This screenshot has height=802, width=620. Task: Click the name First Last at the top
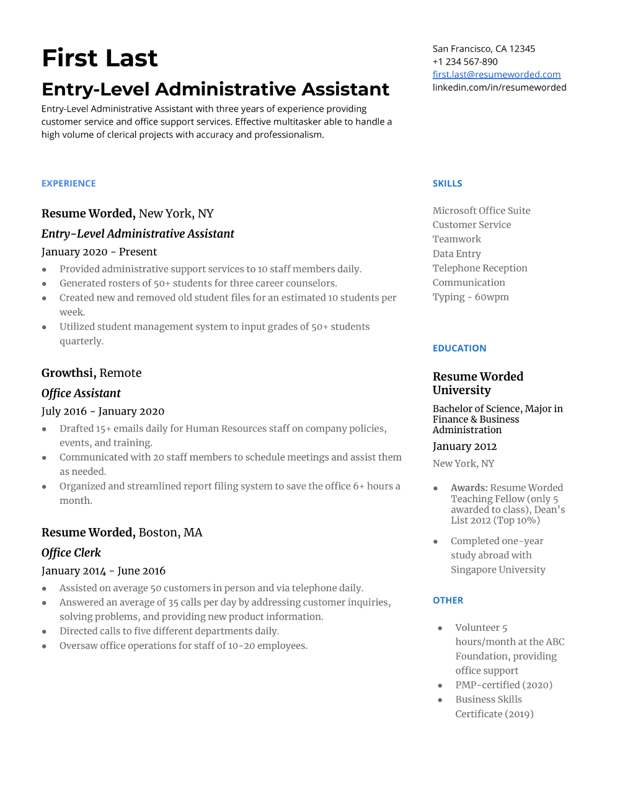(x=100, y=58)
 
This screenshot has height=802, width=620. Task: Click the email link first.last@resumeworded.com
(x=497, y=74)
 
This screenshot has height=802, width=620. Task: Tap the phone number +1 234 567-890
(x=465, y=61)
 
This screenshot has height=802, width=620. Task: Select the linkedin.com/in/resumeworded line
(x=499, y=87)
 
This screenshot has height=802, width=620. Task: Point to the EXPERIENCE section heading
(x=69, y=183)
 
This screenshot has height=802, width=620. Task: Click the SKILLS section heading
(x=448, y=183)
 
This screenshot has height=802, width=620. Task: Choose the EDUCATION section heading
(x=459, y=348)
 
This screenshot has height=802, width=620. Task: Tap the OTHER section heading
(x=448, y=601)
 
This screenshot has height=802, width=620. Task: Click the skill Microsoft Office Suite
(x=482, y=211)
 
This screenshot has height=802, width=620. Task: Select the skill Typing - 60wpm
(x=471, y=297)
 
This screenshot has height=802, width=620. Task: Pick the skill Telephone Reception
(x=480, y=268)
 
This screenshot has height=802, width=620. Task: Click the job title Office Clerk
(x=71, y=553)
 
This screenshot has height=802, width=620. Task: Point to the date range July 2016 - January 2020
(x=103, y=412)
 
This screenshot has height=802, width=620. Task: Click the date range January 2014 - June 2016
(x=104, y=571)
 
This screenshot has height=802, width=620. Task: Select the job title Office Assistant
(x=81, y=394)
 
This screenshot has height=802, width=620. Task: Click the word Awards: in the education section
(x=469, y=488)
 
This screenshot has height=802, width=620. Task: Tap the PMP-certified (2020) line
(x=503, y=685)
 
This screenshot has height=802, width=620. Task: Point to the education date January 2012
(x=464, y=446)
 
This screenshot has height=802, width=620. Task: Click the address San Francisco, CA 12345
(x=484, y=48)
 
